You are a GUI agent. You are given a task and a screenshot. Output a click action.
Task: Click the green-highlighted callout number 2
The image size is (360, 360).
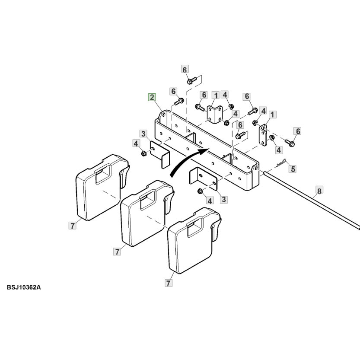tap(152, 97)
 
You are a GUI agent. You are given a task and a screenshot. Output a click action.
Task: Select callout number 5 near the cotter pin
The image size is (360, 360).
tap(293, 169)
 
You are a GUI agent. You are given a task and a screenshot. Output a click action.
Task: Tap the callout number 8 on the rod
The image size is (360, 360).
tap(319, 191)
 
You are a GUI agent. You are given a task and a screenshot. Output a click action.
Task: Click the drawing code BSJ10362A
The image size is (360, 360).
tap(24, 287)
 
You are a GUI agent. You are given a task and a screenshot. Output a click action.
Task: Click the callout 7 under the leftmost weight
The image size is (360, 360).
tap(72, 225)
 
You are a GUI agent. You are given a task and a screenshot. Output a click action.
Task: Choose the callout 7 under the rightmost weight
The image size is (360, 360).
tap(169, 283)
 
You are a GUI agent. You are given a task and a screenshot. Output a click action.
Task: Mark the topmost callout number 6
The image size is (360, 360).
tap(185, 70)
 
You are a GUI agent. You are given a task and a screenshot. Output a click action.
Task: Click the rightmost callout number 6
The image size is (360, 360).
tap(297, 131)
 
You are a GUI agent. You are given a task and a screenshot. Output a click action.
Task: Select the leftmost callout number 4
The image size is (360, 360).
tap(136, 143)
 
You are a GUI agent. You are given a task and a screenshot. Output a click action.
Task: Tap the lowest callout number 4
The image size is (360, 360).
tap(210, 200)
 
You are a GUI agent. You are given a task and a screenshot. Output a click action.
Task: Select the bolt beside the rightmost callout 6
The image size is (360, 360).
tap(289, 141)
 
